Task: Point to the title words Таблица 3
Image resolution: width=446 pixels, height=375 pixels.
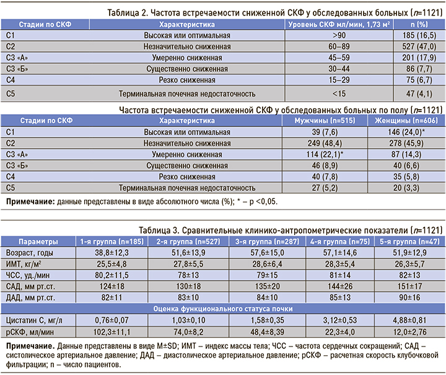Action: tap(160, 229)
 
